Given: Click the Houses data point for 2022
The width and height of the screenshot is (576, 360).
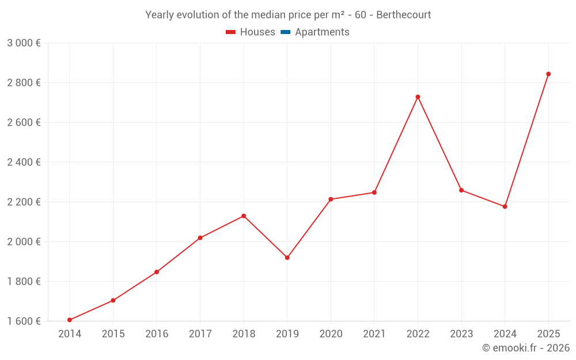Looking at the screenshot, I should (418, 97).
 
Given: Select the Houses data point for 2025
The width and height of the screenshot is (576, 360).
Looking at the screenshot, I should (548, 74).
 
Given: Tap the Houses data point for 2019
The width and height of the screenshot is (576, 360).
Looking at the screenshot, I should (287, 257).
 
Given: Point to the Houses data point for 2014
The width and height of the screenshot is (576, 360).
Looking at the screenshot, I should (70, 320).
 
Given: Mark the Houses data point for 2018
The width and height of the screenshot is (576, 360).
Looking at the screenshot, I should (244, 216).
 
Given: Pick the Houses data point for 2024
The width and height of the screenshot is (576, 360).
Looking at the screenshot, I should (505, 206).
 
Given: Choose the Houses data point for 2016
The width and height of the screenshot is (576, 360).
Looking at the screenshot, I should (157, 272).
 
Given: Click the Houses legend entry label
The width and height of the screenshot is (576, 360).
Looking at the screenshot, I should (257, 32).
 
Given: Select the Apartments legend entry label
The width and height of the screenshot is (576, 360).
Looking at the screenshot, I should (322, 32).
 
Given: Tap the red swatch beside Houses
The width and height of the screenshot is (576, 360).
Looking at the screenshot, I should (230, 32).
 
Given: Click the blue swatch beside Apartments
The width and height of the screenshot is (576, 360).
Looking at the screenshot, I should (285, 32).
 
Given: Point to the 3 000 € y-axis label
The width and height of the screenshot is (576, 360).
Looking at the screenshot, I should (24, 43).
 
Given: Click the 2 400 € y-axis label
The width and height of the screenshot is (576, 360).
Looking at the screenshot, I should (24, 162).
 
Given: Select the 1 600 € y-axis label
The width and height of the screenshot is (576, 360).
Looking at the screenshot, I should (24, 321).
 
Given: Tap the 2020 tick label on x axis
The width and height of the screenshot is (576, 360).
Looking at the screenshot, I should (331, 334).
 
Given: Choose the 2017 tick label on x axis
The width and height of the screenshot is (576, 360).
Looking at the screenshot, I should (200, 334).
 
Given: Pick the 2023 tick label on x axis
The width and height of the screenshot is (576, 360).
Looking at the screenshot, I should (461, 334).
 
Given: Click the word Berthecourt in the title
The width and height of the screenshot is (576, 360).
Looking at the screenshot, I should (403, 15).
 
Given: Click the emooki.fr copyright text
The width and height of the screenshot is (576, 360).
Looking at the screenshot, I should (526, 348).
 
